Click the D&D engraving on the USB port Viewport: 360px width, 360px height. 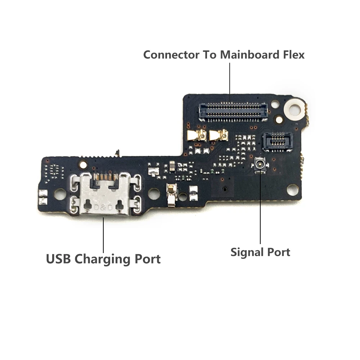(x=104, y=208)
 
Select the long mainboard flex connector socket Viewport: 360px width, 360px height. (x=233, y=109)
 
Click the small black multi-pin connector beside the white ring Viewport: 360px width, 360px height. (x=277, y=141)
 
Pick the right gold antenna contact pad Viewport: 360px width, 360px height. (x=219, y=135)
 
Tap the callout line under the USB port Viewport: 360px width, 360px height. (x=104, y=234)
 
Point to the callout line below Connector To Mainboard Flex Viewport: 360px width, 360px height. (x=230, y=79)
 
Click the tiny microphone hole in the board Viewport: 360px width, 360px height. (x=225, y=189)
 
